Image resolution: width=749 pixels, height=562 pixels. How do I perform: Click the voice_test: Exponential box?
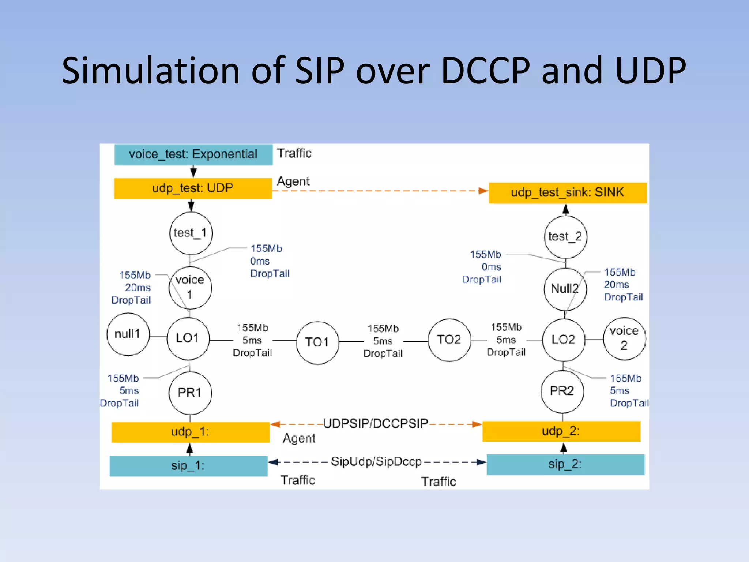(193, 154)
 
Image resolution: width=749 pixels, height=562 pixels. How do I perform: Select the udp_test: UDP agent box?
(193, 188)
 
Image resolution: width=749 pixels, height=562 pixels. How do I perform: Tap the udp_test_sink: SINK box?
(567, 192)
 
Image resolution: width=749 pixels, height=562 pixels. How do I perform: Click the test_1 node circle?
(191, 233)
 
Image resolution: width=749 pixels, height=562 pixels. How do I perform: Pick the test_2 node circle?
(565, 237)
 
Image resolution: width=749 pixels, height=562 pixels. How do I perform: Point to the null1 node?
(128, 334)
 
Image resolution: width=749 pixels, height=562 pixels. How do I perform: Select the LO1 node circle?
(188, 338)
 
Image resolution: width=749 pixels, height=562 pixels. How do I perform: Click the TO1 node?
(317, 342)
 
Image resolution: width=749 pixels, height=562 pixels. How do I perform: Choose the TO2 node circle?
(449, 340)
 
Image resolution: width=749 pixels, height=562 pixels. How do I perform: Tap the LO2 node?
(563, 340)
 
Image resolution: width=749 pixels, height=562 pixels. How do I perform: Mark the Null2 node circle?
(565, 289)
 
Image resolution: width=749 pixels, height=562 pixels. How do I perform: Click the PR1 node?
(190, 393)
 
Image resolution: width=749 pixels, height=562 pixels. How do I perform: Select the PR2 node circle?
(562, 391)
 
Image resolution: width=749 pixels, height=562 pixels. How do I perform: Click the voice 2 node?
(624, 338)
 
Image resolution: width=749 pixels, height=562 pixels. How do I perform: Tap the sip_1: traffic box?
(188, 466)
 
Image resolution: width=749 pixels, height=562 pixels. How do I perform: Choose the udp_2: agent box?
(561, 431)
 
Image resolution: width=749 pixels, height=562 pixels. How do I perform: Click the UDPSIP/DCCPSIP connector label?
(376, 424)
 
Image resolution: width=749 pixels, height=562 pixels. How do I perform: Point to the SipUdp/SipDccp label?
(376, 462)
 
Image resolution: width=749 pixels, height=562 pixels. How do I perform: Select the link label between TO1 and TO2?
(383, 341)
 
